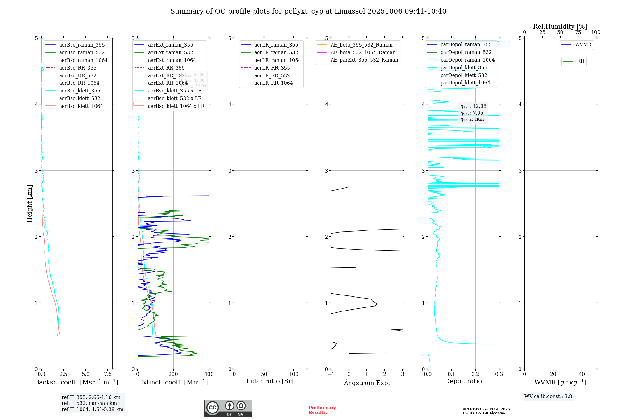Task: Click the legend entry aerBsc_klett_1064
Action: click(x=81, y=106)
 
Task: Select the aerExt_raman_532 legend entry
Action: click(x=170, y=52)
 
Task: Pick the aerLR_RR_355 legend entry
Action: click(x=272, y=68)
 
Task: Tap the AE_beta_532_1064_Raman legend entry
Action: click(x=363, y=52)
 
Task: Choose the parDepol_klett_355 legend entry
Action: click(x=464, y=67)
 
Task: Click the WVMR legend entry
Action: click(x=583, y=45)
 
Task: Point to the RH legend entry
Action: click(x=581, y=61)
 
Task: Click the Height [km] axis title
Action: click(x=30, y=204)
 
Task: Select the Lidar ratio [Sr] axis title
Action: click(x=270, y=381)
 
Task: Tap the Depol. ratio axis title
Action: click(x=463, y=381)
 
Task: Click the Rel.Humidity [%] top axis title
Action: click(x=560, y=26)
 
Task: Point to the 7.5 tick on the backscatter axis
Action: click(x=108, y=374)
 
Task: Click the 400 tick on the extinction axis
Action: click(x=209, y=374)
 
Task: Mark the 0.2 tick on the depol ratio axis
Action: click(x=475, y=374)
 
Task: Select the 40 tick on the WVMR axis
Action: click(x=582, y=374)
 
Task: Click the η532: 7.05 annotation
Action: click(x=472, y=113)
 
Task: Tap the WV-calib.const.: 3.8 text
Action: click(x=548, y=397)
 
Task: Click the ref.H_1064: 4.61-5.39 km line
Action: click(x=93, y=409)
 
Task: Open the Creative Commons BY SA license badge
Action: click(x=228, y=408)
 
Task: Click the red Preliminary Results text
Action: click(x=322, y=410)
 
